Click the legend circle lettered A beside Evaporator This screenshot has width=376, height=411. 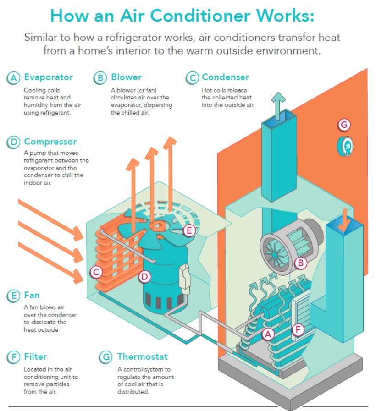pos(13,78)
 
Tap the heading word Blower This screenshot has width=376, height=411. pos(126,77)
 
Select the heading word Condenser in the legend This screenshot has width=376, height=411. pos(225,77)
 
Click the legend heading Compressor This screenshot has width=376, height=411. pos(50,142)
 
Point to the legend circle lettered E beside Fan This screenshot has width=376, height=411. pos(13,296)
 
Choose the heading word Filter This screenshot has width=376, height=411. pos(35,356)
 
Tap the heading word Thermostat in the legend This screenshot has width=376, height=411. pos(142,356)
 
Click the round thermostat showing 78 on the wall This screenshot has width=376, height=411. pos(347,146)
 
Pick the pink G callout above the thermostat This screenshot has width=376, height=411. pos(344,125)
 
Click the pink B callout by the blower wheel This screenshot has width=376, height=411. pos(300,263)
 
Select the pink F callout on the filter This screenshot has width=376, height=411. pos(298,329)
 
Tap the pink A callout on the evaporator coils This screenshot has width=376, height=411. pos(268,334)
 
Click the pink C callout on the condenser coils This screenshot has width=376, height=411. pos(96,272)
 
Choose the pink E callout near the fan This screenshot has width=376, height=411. pos(188,230)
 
